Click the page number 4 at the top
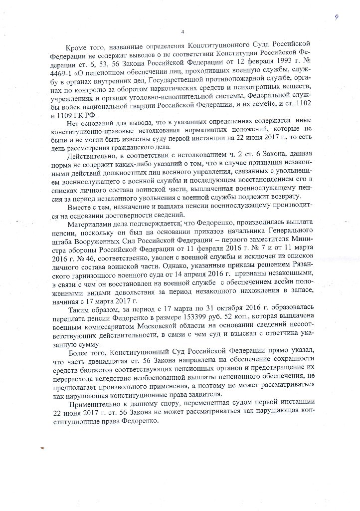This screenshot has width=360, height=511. click(183, 32)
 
